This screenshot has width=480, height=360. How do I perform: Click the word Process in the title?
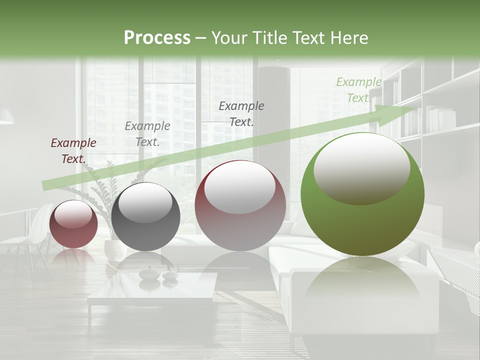tap(157, 38)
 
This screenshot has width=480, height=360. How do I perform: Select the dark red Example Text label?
tap(73, 150)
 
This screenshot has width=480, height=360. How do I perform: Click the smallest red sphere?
tap(73, 224)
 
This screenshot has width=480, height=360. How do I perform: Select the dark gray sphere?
tap(145, 217)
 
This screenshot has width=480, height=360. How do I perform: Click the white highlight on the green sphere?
tap(361, 167)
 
